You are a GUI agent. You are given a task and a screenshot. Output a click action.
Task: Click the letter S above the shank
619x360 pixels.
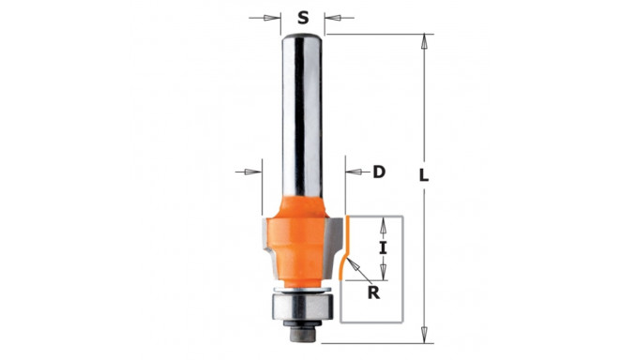(303, 18)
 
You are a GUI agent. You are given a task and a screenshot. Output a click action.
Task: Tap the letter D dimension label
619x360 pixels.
(379, 172)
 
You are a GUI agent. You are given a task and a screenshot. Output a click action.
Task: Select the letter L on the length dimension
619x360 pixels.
(424, 175)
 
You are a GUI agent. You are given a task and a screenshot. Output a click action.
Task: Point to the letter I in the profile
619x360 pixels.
(382, 248)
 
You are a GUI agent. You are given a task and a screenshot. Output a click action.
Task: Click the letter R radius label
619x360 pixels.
(373, 292)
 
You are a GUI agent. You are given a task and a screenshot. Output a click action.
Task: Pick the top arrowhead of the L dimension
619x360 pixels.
(424, 42)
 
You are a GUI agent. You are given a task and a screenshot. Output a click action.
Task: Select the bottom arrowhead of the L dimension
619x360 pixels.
(424, 336)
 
